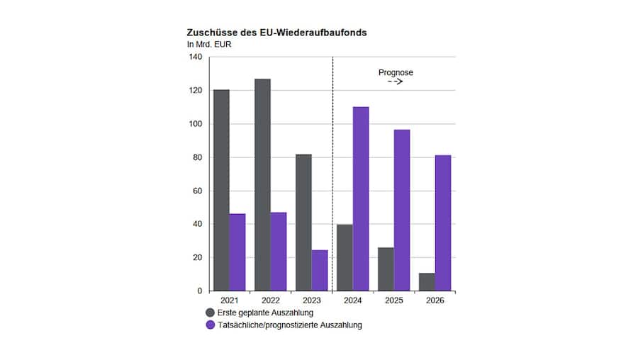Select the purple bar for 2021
pyautogui.click(x=237, y=252)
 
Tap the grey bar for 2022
pyautogui.click(x=262, y=185)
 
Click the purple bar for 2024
pyautogui.click(x=361, y=199)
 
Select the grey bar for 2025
pyautogui.click(x=386, y=269)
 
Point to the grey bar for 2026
pyautogui.click(x=427, y=282)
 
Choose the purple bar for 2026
pyautogui.click(x=443, y=223)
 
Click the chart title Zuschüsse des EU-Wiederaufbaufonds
pyautogui.click(x=276, y=33)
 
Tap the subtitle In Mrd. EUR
pyautogui.click(x=209, y=45)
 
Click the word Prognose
pyautogui.click(x=396, y=72)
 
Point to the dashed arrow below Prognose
pyautogui.click(x=395, y=83)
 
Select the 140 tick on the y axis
pyautogui.click(x=195, y=57)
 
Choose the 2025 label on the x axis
pyautogui.click(x=393, y=300)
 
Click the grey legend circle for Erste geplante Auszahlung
pyautogui.click(x=210, y=313)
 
